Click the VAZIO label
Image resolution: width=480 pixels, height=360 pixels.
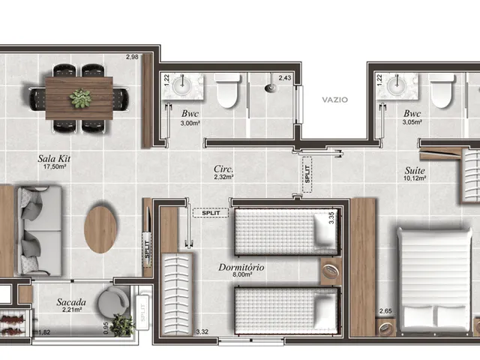(x=335, y=100)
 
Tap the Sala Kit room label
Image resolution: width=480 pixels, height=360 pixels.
(x=54, y=158)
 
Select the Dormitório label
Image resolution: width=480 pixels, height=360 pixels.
(x=241, y=267)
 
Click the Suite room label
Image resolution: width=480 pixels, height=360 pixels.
(x=415, y=170)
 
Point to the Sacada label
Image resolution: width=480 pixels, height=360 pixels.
(x=71, y=302)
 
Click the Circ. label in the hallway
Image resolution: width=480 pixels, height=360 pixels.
(x=223, y=169)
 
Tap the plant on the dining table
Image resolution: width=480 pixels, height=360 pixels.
(x=80, y=98)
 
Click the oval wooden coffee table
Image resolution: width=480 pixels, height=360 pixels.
(x=100, y=229)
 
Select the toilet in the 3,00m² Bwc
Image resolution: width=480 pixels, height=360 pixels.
(x=227, y=91)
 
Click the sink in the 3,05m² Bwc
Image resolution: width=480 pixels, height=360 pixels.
(x=397, y=86)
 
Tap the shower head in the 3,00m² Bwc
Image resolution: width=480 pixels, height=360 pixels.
(x=271, y=86)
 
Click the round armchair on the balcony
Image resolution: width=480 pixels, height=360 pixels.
(x=113, y=301)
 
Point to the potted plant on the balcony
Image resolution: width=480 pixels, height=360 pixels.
(x=122, y=325)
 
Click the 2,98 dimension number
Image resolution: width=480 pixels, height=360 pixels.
(x=132, y=57)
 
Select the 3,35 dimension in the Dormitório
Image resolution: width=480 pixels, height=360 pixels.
(x=331, y=218)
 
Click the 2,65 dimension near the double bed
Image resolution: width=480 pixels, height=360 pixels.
(x=385, y=311)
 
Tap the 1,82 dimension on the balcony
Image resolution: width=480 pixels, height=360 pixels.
(x=44, y=332)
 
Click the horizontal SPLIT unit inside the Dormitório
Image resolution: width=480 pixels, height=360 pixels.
(x=211, y=213)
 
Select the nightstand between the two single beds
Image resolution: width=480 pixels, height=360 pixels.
(x=331, y=271)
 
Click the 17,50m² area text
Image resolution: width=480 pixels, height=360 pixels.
(x=55, y=166)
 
